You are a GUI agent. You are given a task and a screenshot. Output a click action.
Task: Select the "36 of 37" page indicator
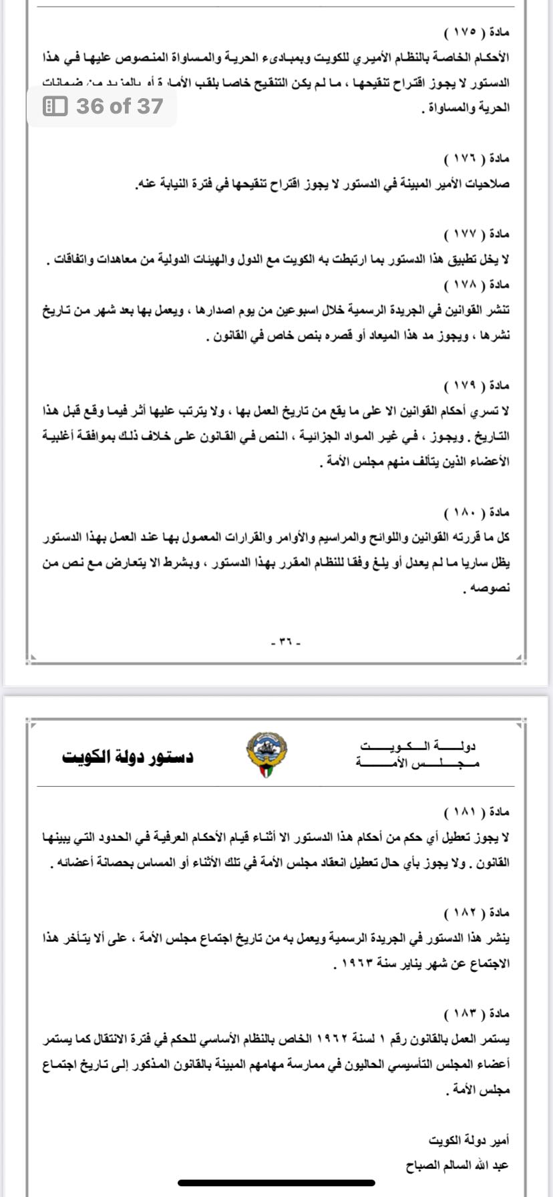click(x=120, y=106)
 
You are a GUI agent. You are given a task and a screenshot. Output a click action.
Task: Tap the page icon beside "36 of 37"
click(x=55, y=106)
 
